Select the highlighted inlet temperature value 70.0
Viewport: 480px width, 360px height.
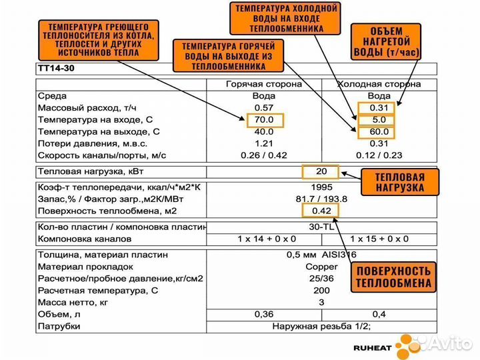[x=265, y=120]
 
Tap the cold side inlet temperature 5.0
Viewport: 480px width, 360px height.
[x=377, y=120]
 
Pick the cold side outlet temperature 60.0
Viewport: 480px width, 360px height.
[x=377, y=132]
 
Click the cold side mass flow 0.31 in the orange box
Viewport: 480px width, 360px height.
[x=377, y=108]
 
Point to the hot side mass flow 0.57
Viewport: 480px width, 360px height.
[x=265, y=108]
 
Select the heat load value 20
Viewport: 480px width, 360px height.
[x=321, y=171]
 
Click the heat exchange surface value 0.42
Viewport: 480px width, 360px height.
[x=321, y=211]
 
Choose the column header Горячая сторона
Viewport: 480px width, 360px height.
[x=265, y=85]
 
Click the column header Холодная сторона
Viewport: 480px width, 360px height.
[x=379, y=85]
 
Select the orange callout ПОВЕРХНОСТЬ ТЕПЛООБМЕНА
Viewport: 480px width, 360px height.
[x=393, y=277]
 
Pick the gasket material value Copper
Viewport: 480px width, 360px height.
[x=321, y=267]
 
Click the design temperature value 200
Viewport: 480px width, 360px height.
[x=321, y=291]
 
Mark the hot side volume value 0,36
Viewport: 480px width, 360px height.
[x=265, y=315]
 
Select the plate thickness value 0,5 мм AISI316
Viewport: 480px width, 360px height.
[x=321, y=255]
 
